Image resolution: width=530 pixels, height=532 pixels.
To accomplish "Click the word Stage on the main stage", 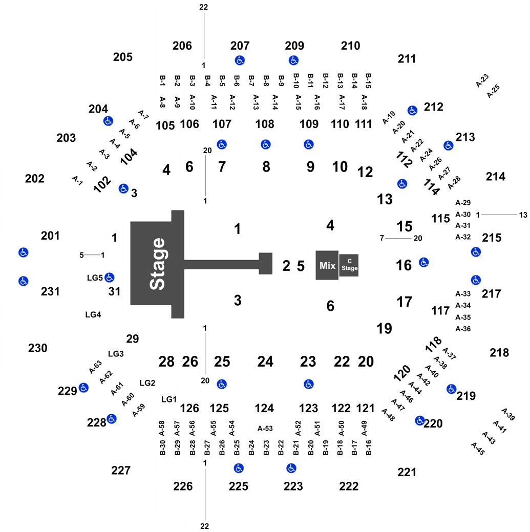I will (x=158, y=264).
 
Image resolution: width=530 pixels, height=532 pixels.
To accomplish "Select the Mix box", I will (x=327, y=265).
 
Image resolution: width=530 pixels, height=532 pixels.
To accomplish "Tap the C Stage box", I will (x=349, y=265).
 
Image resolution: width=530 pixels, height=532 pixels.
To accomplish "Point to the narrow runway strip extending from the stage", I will (x=220, y=265).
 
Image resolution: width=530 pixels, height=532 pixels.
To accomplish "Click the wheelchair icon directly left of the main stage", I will (x=109, y=278).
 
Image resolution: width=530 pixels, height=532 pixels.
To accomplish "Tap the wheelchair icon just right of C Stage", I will (x=423, y=262).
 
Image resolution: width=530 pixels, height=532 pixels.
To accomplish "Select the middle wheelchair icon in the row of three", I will (x=265, y=144).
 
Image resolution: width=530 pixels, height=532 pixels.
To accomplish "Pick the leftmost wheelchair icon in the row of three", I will (x=221, y=144).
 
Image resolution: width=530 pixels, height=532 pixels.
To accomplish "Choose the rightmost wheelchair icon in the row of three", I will (x=308, y=144).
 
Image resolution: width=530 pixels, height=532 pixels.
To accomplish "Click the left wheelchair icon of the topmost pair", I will (x=239, y=60).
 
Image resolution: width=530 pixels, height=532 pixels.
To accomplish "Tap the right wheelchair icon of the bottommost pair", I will (x=291, y=468).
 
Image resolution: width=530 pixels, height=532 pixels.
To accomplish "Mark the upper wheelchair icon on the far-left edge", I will (x=23, y=252).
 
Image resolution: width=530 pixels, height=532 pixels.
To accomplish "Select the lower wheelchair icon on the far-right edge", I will (x=476, y=280).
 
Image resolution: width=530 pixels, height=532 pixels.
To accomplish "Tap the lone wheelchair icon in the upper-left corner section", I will (x=108, y=121).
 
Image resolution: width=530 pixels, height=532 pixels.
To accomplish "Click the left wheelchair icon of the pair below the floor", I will (x=221, y=384).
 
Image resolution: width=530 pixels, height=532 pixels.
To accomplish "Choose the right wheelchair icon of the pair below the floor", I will (x=308, y=384).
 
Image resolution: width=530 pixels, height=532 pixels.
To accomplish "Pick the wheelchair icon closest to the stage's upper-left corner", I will (x=123, y=188).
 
